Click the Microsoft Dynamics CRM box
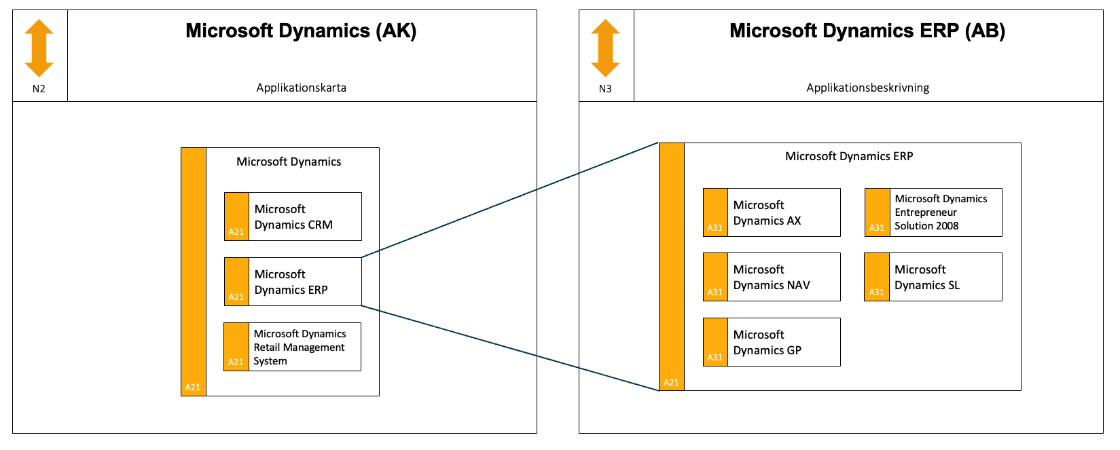[293, 217]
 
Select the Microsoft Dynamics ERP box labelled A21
[293, 282]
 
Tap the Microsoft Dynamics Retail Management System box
[293, 347]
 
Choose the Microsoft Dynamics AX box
[772, 212]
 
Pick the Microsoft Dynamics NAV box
[772, 277]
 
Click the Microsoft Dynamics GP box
[772, 342]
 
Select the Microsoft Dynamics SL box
[933, 277]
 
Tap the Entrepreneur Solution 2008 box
[933, 212]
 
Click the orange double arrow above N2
[39, 48]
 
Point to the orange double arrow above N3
[605, 48]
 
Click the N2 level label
[39, 89]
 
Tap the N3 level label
[605, 89]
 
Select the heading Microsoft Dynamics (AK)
[301, 31]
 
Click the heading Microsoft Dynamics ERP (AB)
[867, 31]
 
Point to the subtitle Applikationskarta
[302, 88]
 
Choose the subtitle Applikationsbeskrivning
[868, 88]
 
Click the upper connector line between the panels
[510, 200]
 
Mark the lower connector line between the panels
[510, 348]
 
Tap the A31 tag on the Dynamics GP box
[715, 358]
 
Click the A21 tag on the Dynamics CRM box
[236, 232]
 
